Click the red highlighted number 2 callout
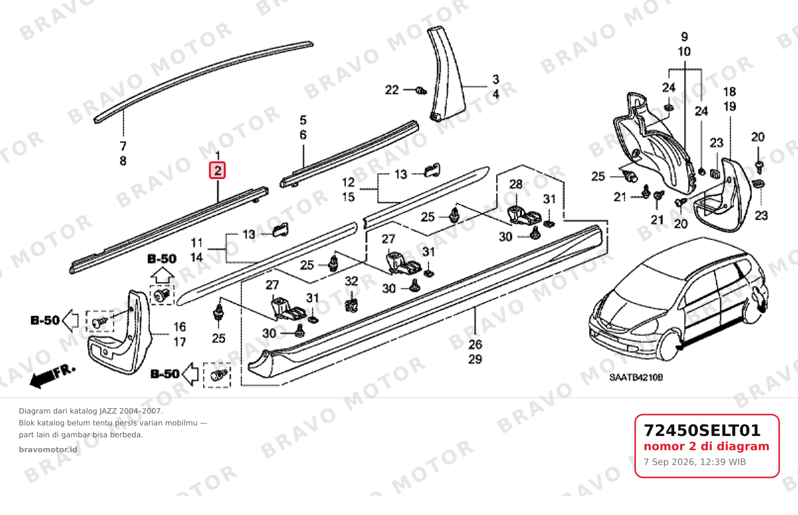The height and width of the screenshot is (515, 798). click(x=217, y=171)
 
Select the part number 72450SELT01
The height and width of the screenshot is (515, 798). click(x=702, y=430)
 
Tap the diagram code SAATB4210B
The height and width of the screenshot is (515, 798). click(x=636, y=377)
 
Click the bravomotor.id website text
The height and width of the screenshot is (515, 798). click(x=48, y=450)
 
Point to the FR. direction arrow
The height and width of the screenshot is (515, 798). click(x=53, y=376)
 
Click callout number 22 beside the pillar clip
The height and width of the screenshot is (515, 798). click(x=392, y=90)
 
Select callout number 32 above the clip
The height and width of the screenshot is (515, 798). click(x=351, y=281)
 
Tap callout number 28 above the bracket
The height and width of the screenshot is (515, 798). click(x=516, y=185)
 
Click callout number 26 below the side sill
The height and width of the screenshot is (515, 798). click(x=475, y=344)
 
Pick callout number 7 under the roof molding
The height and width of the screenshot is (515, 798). click(x=123, y=146)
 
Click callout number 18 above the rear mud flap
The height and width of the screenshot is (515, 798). click(x=730, y=92)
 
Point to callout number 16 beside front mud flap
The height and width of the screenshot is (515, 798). click(x=180, y=327)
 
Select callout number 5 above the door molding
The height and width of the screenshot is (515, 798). click(x=303, y=120)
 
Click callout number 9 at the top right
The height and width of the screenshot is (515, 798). click(x=684, y=37)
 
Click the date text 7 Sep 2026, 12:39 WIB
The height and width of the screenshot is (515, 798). click(x=695, y=462)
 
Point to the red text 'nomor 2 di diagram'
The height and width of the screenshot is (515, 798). click(x=706, y=446)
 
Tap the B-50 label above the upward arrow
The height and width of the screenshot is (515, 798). click(x=162, y=259)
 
